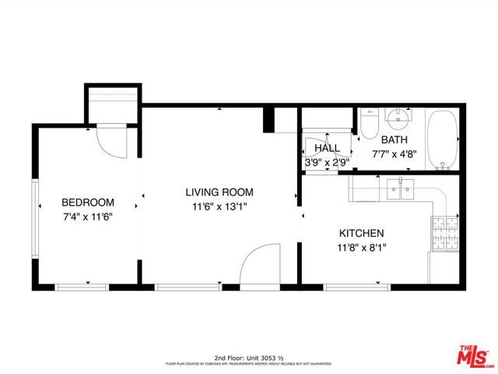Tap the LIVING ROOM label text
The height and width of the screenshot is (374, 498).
219,192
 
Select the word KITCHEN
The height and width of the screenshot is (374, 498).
361,233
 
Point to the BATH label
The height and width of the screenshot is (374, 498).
394,140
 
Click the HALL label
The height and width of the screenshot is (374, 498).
327,148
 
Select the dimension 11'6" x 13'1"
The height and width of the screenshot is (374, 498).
219,207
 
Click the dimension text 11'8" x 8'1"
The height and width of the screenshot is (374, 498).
361,248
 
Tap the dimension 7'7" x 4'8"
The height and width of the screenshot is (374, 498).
394,154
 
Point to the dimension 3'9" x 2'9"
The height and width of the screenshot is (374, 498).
327,163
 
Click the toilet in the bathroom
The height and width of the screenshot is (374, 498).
369,123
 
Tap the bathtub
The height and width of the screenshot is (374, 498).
444,140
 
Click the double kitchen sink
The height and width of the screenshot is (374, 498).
402,189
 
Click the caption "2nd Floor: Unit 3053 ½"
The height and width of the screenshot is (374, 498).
248,356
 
